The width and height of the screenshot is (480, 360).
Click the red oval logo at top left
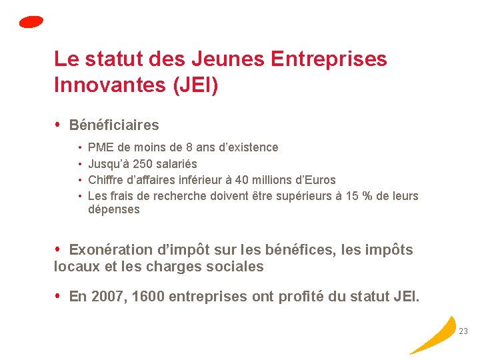pos(31,21)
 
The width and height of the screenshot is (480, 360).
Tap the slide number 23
pos(463,331)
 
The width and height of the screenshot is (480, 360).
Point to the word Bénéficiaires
pos(114,125)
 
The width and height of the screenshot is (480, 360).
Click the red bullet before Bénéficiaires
pos(58,125)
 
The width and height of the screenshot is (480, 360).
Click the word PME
pos(101,147)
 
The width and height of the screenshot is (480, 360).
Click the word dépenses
pos(114,209)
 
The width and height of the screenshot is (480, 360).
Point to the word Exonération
pos(111,250)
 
